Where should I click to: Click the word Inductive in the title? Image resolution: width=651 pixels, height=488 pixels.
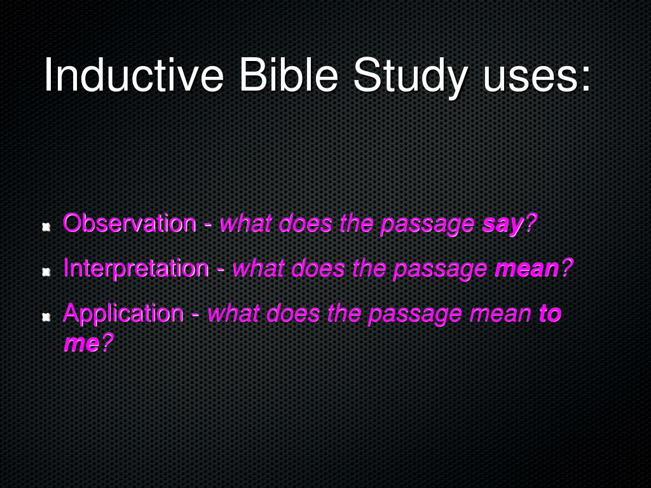[134, 76]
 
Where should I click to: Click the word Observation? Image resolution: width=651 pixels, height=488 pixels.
[130, 224]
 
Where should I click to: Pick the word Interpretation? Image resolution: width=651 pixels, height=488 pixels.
[135, 268]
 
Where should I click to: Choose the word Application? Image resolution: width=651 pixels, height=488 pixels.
[123, 313]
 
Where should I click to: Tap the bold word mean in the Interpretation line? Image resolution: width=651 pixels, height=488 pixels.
[526, 269]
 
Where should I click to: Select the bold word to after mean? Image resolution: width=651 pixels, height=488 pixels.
[550, 313]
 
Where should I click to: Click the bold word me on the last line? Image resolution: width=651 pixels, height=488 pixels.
[81, 343]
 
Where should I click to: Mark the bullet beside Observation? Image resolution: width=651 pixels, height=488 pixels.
[46, 227]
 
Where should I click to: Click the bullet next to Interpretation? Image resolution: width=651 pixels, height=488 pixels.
[46, 271]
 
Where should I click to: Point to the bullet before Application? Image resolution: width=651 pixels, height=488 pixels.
[46, 316]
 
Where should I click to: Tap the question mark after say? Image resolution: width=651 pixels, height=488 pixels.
[531, 224]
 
